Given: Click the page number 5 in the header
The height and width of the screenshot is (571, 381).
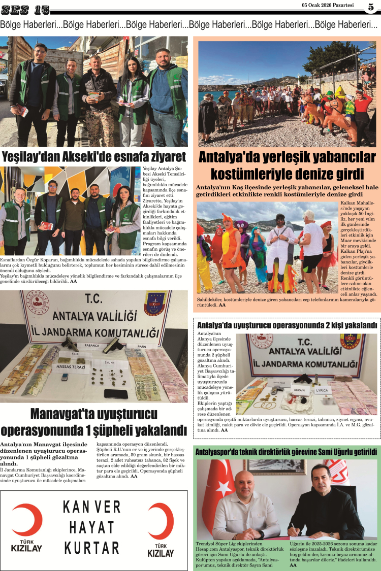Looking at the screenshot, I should coord(371,7).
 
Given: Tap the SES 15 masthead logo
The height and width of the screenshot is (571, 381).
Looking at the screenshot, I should coord(25,9).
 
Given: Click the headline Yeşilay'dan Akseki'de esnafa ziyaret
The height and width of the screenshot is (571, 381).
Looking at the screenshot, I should coord(94,156).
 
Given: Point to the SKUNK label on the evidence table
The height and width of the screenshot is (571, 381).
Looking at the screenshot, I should coord(110,363).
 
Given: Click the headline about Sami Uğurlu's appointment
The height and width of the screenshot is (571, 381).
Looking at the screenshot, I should coord(286,451).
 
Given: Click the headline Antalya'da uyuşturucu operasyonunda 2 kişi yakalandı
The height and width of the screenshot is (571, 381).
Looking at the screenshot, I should coord(287,325).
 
